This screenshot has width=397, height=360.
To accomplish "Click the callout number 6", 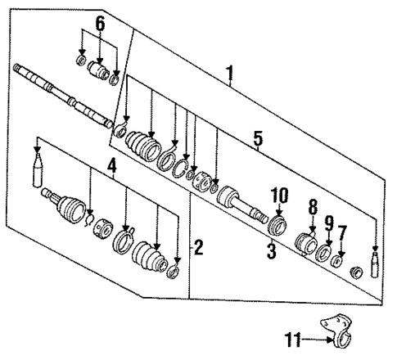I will pyautogui.click(x=99, y=24).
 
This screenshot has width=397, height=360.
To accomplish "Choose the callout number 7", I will pyautogui.click(x=341, y=234).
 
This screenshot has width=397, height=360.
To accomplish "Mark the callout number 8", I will pyautogui.click(x=312, y=209).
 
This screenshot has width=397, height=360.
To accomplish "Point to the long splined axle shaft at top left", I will pyautogui.click(x=61, y=94).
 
